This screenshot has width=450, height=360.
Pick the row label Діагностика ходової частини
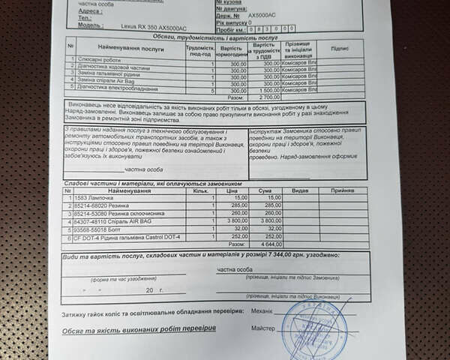[110, 66]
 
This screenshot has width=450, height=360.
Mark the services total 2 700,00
[269, 97]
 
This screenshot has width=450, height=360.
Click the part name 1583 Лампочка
[89, 197]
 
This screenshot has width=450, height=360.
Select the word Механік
[261, 309]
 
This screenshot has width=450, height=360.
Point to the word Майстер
[262, 328]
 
